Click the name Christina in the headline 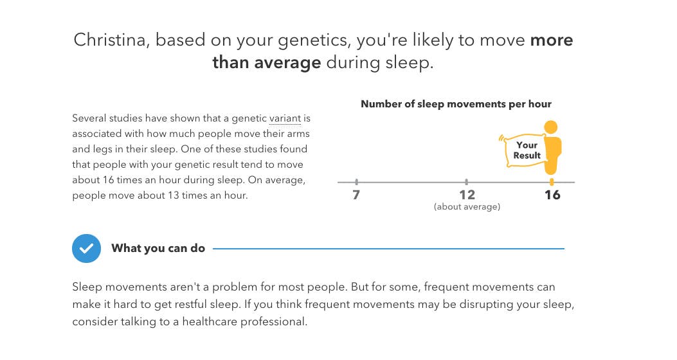click(x=110, y=40)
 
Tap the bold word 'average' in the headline click(x=287, y=62)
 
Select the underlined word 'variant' click(x=285, y=118)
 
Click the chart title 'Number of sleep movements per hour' click(x=456, y=104)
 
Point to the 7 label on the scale click(x=356, y=195)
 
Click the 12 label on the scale click(x=467, y=195)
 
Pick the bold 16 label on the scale click(x=552, y=195)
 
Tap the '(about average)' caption click(x=467, y=207)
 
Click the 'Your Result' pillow click(x=524, y=150)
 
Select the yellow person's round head click(x=550, y=127)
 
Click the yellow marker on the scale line click(x=552, y=182)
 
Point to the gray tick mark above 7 click(x=357, y=182)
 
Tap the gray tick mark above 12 click(x=467, y=182)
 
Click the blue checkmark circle click(x=86, y=249)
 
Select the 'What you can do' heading click(x=158, y=248)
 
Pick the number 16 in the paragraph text click(x=109, y=179)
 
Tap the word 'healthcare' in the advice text click(x=210, y=321)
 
